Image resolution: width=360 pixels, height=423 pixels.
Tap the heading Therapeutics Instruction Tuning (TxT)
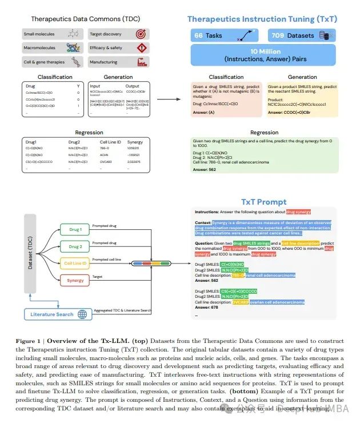262,19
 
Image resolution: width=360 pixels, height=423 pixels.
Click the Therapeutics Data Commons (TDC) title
85,19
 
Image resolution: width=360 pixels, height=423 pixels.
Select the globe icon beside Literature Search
82,314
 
